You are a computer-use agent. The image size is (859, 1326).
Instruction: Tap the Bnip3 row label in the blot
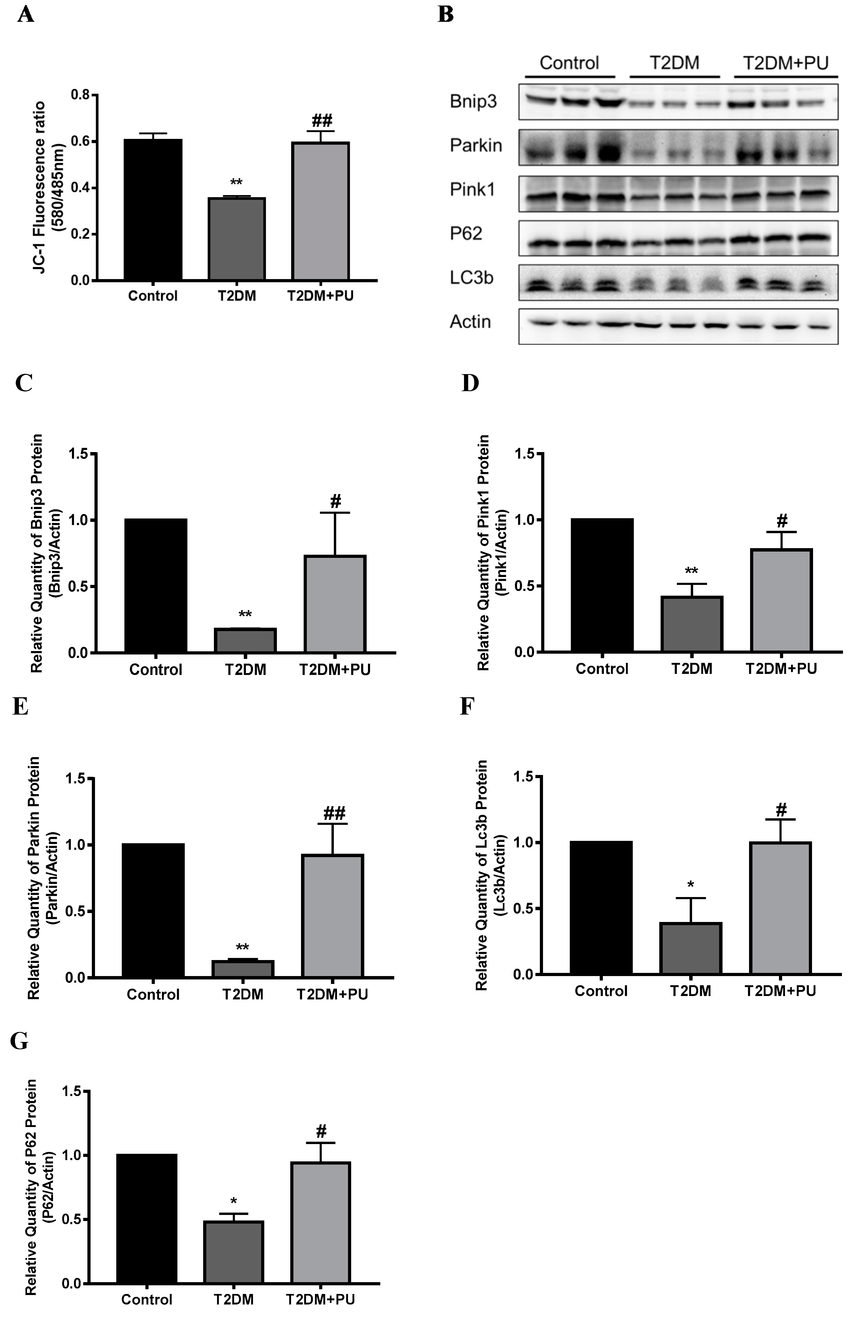click(x=473, y=102)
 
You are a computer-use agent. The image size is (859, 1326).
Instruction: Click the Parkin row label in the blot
click(x=476, y=146)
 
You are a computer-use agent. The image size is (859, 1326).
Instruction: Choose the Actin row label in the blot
click(x=470, y=322)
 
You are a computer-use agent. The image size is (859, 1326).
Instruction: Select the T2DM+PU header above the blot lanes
click(x=786, y=62)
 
